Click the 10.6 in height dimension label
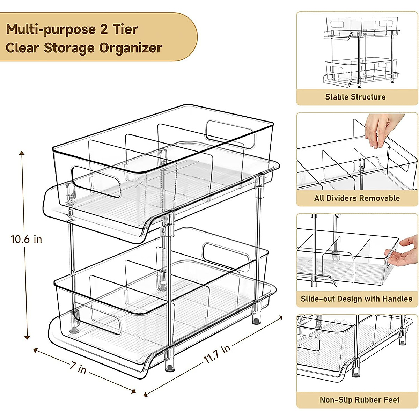tap(26, 240)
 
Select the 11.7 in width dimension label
tap(217, 354)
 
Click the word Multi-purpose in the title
tap(51, 29)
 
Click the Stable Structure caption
tap(355, 97)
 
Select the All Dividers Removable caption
tap(356, 198)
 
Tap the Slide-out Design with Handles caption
tap(356, 299)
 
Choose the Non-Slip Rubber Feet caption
tap(359, 400)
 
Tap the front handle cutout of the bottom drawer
tap(97, 318)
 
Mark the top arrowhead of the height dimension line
tap(22, 154)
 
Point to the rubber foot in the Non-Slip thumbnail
tap(356, 374)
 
